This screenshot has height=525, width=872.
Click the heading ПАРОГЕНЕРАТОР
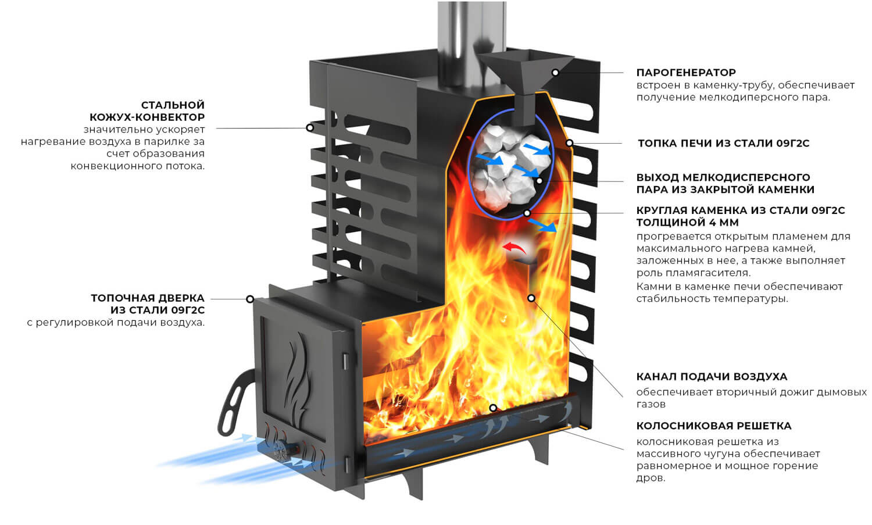(686, 73)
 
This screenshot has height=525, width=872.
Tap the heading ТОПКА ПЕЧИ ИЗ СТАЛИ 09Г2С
(723, 144)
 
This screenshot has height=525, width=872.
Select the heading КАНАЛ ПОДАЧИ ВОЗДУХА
(712, 377)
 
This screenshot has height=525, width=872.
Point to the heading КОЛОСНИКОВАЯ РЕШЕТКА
(714, 426)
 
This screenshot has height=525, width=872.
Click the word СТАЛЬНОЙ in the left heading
(173, 105)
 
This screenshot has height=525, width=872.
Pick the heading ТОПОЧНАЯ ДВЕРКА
(148, 298)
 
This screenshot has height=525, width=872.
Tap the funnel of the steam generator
(525, 85)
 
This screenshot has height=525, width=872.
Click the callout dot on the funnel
(556, 73)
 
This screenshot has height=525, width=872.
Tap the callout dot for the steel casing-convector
(310, 128)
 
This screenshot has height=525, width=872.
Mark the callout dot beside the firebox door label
(251, 299)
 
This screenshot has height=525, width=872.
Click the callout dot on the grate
(493, 408)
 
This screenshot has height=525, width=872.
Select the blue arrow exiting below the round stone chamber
(542, 225)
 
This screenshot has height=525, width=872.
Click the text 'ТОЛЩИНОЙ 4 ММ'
(688, 223)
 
